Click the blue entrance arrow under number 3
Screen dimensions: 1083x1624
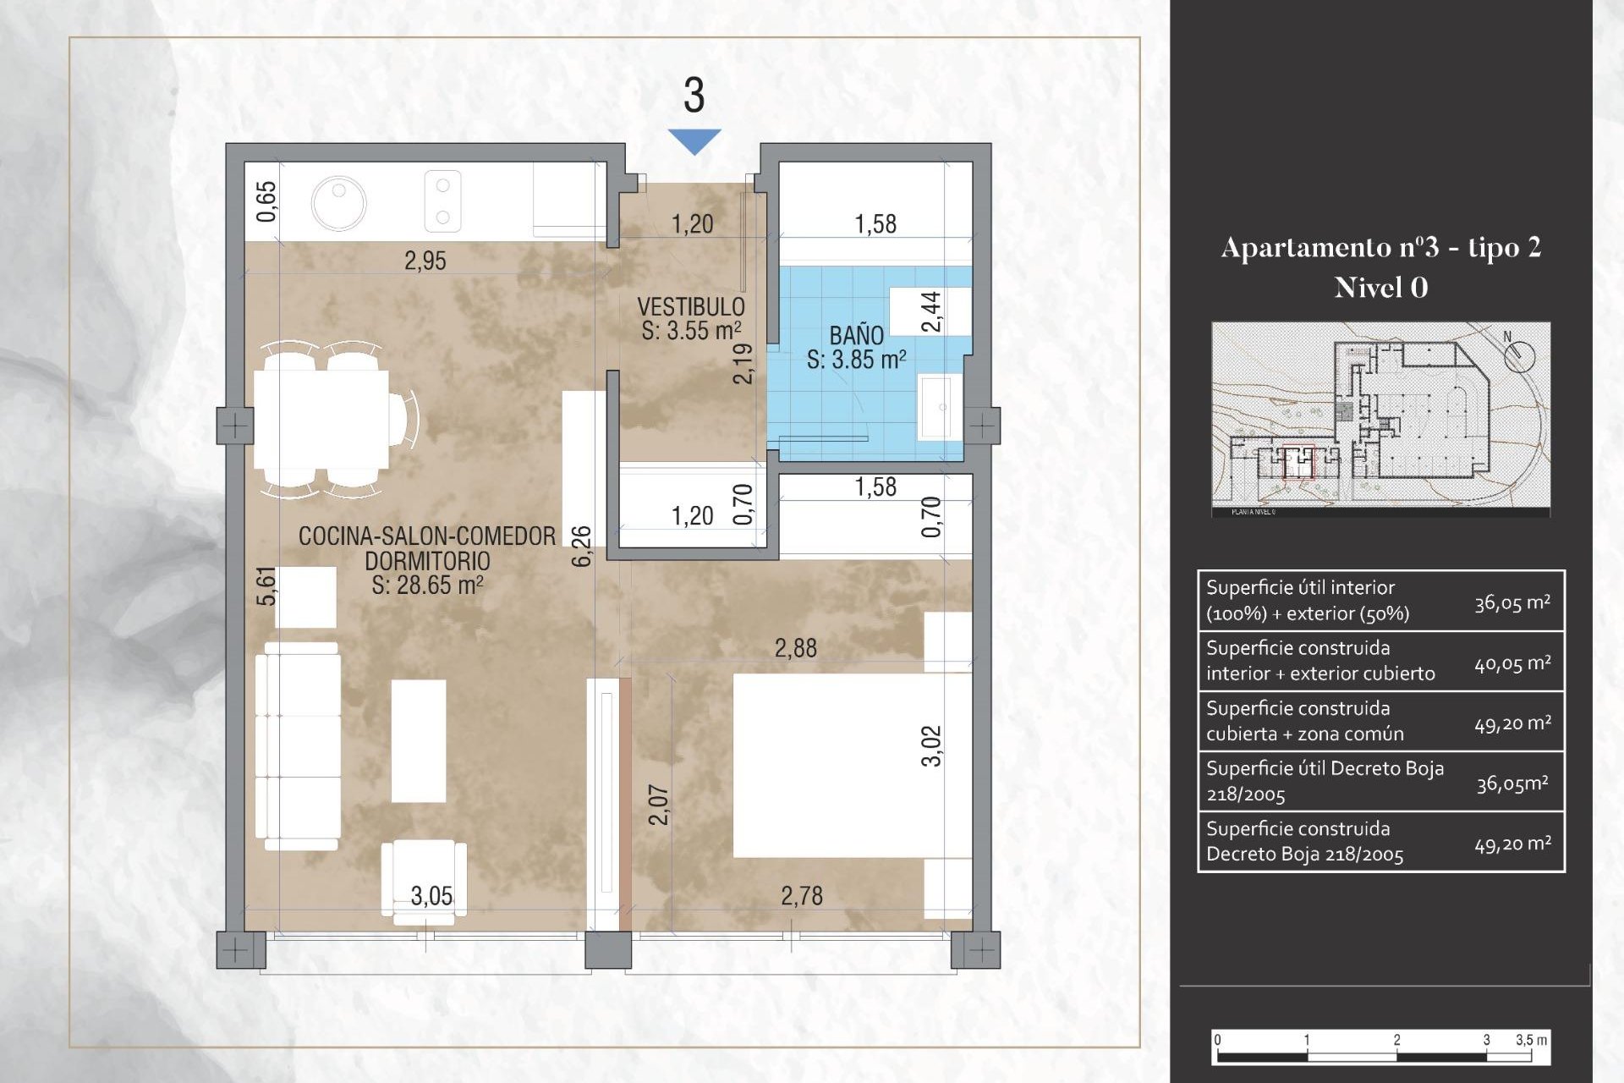coord(694,140)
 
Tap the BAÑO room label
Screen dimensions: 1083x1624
coord(856,335)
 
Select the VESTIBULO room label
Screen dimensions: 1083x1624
coord(690,306)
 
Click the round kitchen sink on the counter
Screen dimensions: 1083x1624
coord(338,203)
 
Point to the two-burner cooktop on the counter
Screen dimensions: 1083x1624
coord(442,201)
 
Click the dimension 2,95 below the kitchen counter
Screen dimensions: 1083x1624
coord(425,261)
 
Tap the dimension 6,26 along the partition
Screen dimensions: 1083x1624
coord(582,546)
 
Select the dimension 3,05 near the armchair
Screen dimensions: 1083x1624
coord(431,896)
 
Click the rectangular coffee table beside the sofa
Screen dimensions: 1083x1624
coord(419,740)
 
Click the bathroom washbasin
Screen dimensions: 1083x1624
coord(940,407)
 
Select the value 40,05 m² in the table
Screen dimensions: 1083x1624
coord(1512,664)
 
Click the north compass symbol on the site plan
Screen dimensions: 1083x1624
coord(1518,354)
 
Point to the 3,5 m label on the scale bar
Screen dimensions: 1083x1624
coord(1531,1040)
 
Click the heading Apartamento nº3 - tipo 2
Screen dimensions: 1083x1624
coord(1380,247)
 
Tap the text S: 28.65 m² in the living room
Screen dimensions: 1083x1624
coord(427,585)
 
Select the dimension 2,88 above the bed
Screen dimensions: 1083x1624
coord(795,649)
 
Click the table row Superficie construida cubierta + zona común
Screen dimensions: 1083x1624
coord(1380,722)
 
